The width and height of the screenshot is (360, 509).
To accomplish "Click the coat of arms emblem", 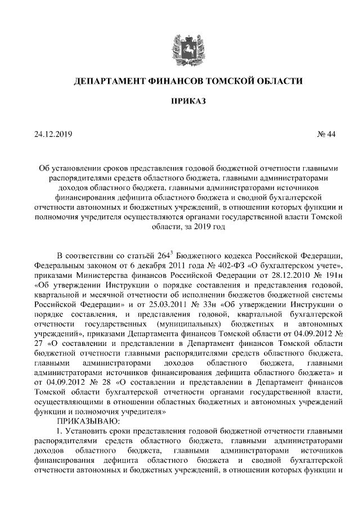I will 180,47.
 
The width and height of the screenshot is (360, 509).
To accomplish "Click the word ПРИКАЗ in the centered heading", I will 180,101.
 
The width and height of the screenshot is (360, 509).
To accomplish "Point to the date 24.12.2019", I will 53,134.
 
